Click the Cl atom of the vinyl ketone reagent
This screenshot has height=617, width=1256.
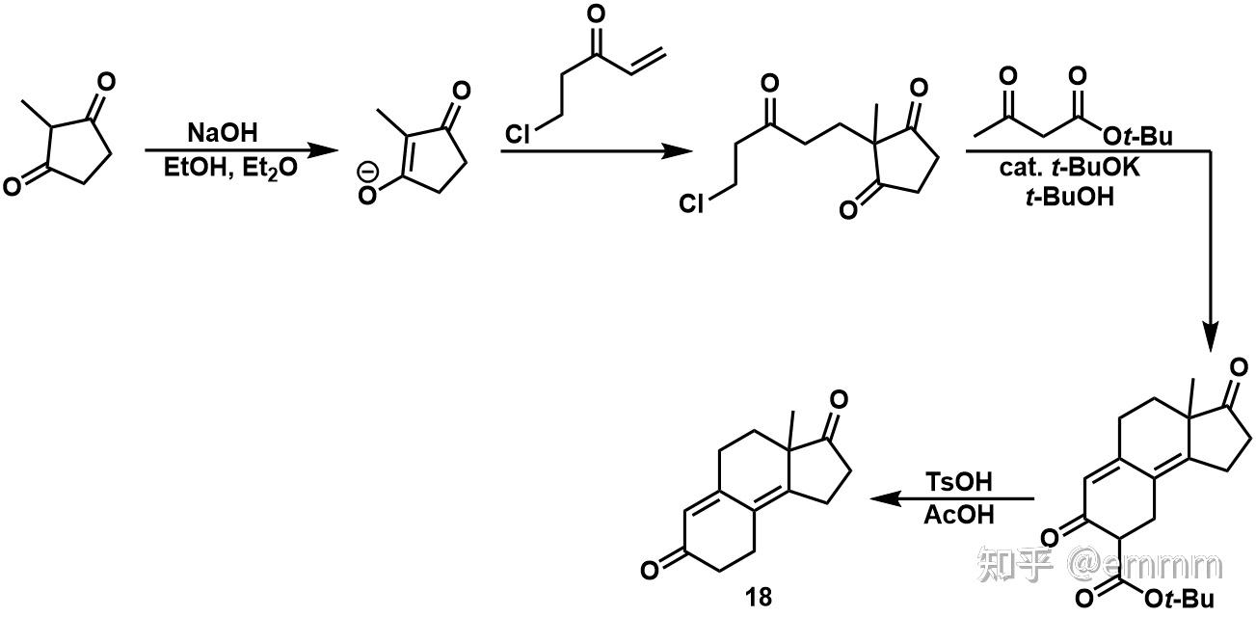point(519,134)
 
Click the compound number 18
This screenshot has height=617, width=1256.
point(759,597)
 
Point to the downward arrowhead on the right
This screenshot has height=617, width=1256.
point(1211,338)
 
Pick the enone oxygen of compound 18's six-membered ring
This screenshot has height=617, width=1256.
point(651,570)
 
